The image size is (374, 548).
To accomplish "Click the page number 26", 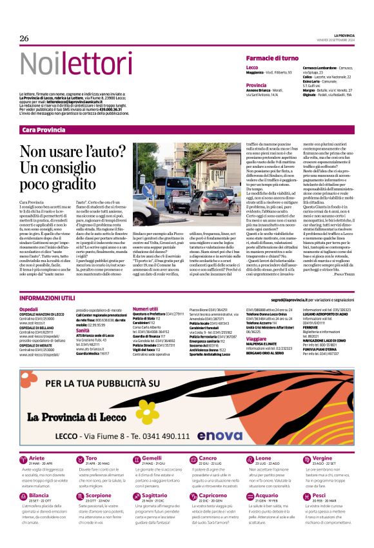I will click(x=25, y=39).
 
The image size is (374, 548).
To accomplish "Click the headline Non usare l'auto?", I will click(x=72, y=152).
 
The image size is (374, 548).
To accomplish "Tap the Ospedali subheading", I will click(x=29, y=310).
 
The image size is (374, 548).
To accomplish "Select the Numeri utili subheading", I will click(x=145, y=310).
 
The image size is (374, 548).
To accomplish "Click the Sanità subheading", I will click(x=83, y=330).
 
